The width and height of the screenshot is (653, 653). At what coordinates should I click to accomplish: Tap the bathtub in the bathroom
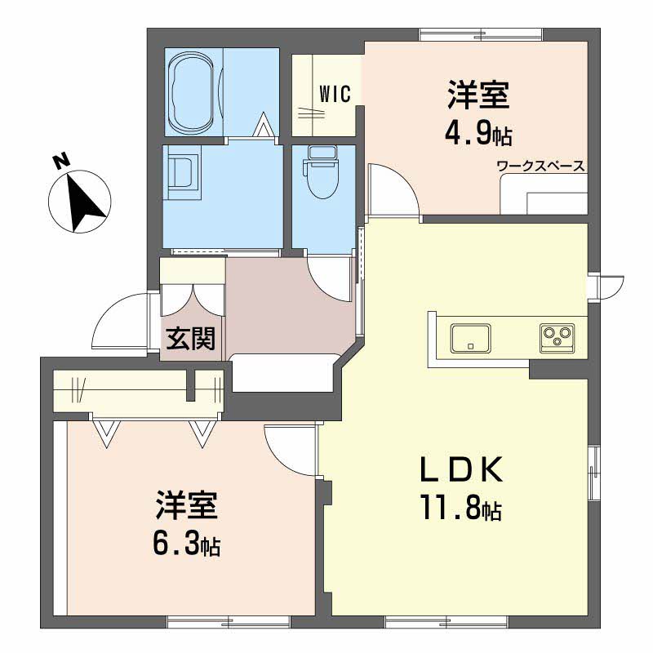pos(194,91)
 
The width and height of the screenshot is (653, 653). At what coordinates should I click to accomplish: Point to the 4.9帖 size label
pos(478,132)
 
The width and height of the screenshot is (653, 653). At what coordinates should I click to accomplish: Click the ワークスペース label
pos(541,167)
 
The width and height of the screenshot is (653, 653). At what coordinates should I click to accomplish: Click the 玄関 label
pos(192,338)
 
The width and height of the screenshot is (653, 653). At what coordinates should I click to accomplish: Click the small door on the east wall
pos(609,286)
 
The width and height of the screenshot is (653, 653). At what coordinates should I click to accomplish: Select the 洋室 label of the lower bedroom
pos(187,506)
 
